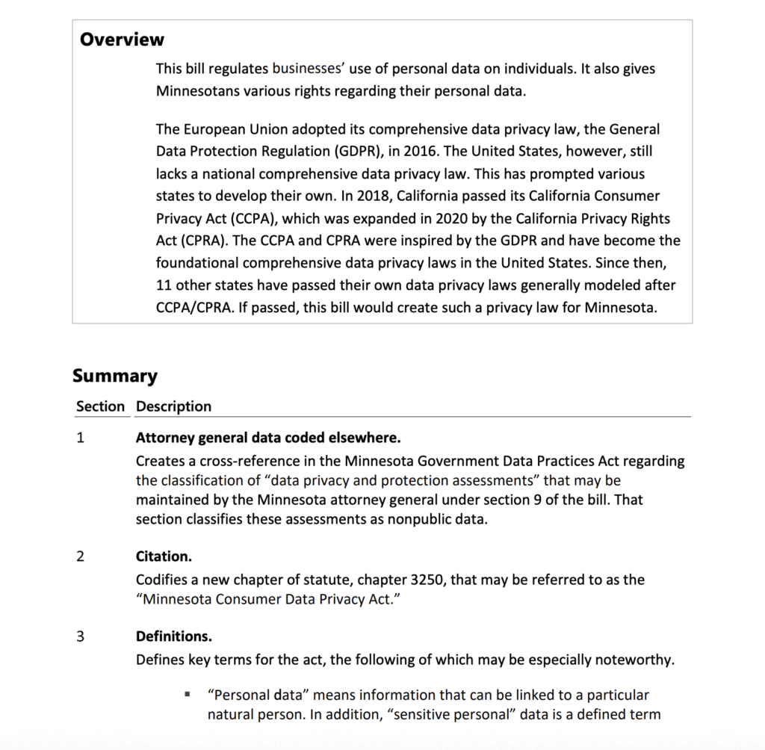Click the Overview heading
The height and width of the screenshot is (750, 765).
point(122,40)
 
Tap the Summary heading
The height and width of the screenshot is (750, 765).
point(115,376)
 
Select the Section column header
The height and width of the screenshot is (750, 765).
point(100,406)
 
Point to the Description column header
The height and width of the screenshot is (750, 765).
point(173,406)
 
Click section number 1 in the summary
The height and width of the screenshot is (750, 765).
point(80,438)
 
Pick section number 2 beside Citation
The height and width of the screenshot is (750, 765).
point(80,557)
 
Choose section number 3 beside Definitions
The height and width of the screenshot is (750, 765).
point(80,636)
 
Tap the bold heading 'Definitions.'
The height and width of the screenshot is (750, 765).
point(173,636)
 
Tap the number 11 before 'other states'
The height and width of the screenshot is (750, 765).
point(164,285)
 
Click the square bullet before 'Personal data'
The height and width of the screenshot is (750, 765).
point(188,695)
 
